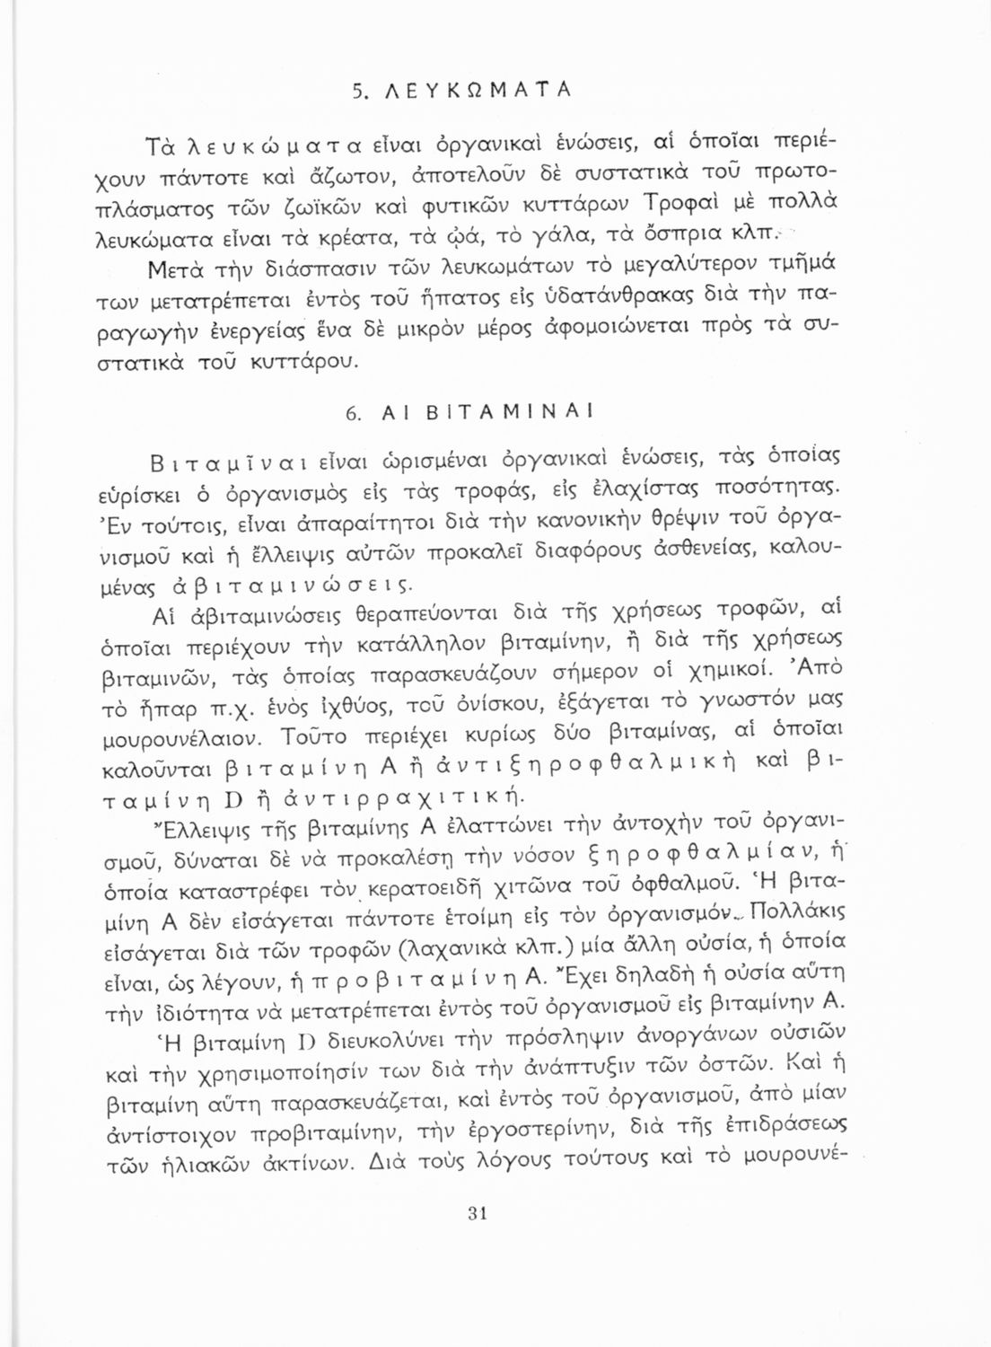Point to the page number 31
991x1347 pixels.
pos(477,1214)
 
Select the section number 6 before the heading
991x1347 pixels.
pos(352,413)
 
